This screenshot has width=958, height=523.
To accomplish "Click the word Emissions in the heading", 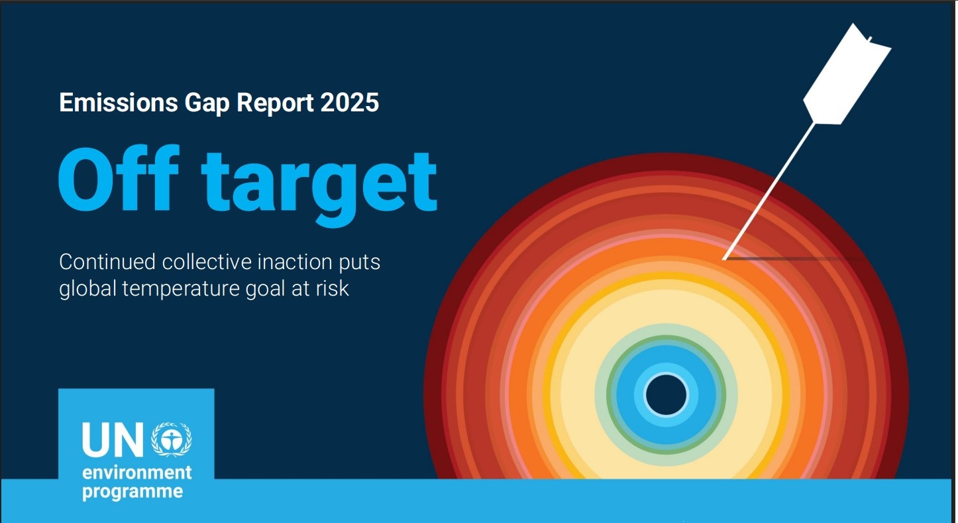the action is coord(119,102).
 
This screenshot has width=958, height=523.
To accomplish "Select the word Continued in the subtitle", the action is coord(107,261).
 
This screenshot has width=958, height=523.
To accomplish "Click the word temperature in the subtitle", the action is coord(181,288).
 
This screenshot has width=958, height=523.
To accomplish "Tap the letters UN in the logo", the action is coord(113,439).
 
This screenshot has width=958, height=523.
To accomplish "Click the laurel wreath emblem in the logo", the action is coord(172,439).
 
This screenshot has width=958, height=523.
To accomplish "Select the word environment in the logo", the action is coord(137,473).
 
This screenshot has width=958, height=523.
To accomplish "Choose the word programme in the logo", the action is coord(133,491).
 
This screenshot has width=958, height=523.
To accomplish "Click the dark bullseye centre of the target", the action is coord(666,395).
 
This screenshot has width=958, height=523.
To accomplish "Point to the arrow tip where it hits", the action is coord(723,259).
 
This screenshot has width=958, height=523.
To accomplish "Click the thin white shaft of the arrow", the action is coord(769,191).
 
